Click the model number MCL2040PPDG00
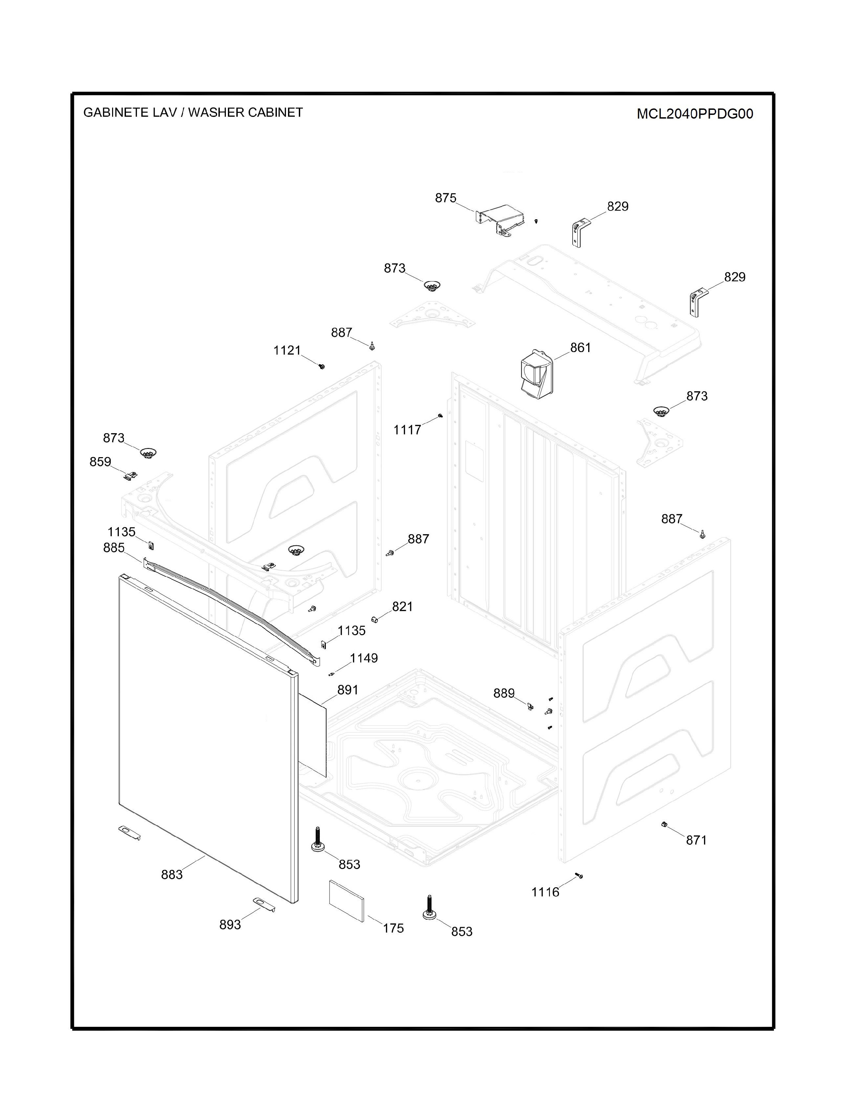pos(695,114)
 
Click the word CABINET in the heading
pos(276,112)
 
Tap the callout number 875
pos(445,198)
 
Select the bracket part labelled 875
pos(500,220)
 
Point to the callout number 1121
pos(287,350)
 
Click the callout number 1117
pos(407,430)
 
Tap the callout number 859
pos(101,462)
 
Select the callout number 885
pos(114,547)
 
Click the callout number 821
pos(402,606)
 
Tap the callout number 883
pos(172,874)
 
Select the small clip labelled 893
pos(264,904)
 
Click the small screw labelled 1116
pos(579,876)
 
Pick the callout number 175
pos(393,928)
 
